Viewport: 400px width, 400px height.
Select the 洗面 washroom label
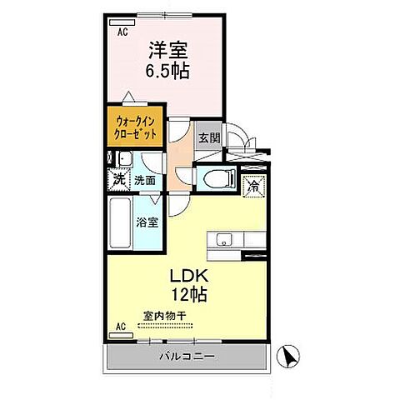pyautogui.click(x=145, y=179)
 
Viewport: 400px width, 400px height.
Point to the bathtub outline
pyautogui.click(x=121, y=223)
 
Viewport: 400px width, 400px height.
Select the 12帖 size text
pyautogui.click(x=190, y=294)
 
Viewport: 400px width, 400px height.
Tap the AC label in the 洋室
pyautogui.click(x=122, y=32)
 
